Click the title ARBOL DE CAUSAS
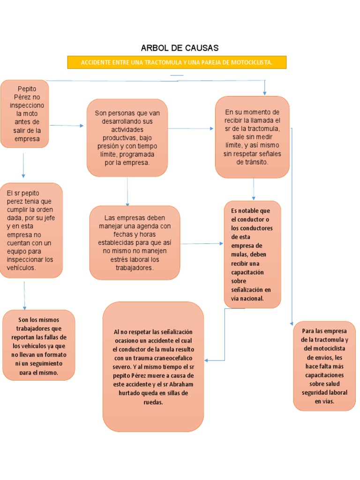[180, 48]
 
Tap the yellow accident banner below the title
[176, 62]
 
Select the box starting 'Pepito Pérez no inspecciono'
[24, 113]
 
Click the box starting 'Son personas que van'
[127, 137]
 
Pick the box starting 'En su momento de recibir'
[252, 137]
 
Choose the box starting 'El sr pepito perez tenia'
[31, 230]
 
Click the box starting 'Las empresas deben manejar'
[135, 242]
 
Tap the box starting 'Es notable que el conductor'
[252, 254]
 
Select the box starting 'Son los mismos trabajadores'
[38, 345]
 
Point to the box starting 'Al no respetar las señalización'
[153, 366]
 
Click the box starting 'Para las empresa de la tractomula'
[324, 366]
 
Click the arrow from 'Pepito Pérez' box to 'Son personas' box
[67, 126]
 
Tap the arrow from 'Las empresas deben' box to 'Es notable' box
[202, 244]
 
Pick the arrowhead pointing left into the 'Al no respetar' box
[207, 360]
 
